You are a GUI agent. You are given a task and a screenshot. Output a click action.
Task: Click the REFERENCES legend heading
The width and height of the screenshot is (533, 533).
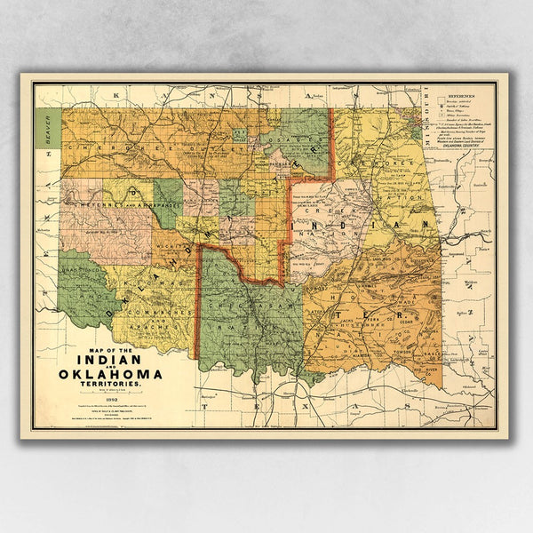(461, 92)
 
